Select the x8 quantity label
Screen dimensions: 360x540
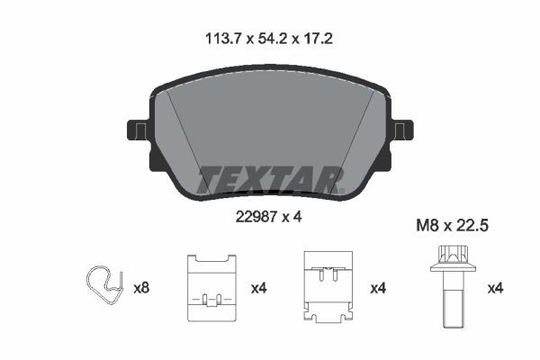(x=141, y=289)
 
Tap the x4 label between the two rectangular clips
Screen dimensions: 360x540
(x=260, y=289)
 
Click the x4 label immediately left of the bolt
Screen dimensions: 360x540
(x=379, y=289)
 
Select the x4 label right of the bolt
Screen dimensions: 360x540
(x=494, y=289)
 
